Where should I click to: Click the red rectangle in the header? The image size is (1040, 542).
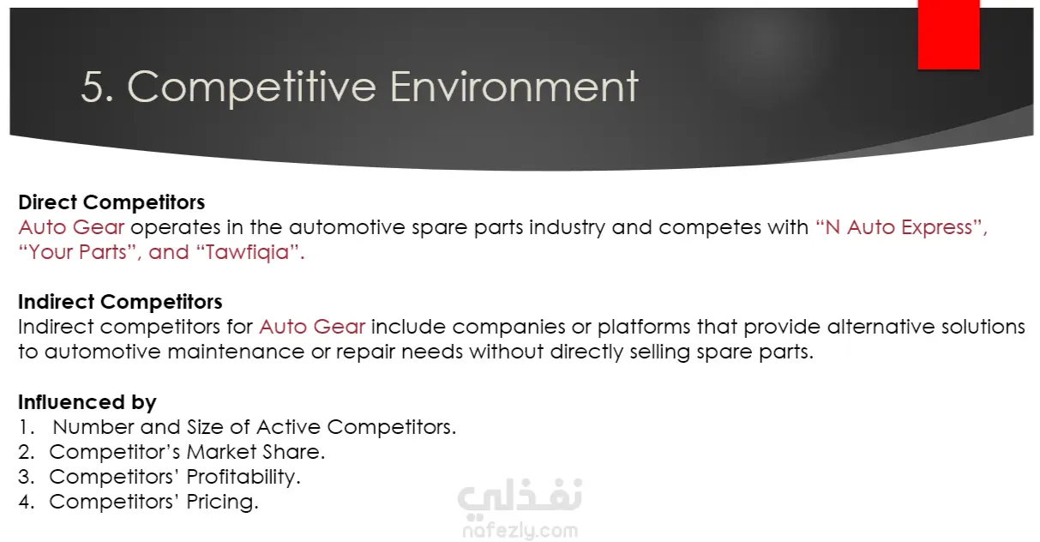click(948, 35)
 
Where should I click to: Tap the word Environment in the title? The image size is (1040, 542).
click(514, 87)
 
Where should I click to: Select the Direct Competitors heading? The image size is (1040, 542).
click(111, 202)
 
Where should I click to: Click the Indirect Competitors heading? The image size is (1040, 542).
click(120, 302)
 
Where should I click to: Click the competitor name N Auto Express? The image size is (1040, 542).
click(900, 227)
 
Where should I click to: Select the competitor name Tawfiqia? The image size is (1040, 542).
click(248, 253)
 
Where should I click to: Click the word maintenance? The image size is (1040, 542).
click(236, 352)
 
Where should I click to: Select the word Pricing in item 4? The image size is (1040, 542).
click(222, 502)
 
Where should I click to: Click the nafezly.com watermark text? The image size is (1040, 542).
click(520, 530)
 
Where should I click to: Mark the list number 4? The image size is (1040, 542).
click(26, 502)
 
